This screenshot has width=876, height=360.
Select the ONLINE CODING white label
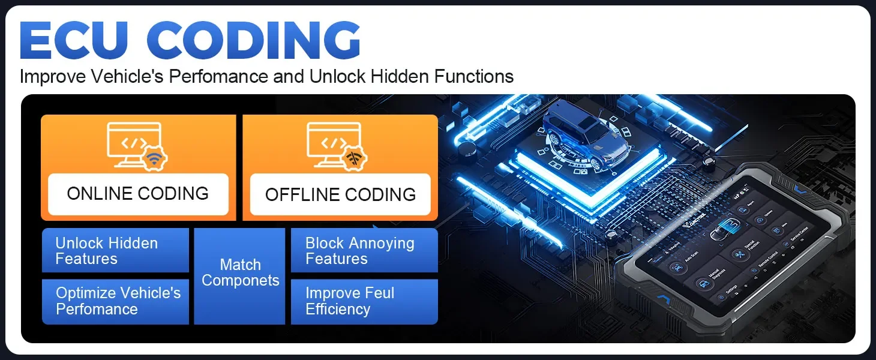(138, 194)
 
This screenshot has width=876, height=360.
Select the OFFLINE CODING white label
(340, 194)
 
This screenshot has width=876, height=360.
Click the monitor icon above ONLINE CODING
(134, 145)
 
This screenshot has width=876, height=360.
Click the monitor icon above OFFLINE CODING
(334, 145)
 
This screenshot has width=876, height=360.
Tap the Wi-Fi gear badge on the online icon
(155, 159)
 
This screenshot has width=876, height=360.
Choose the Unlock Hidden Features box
(115, 251)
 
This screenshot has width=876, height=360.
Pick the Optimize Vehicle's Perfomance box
(115, 301)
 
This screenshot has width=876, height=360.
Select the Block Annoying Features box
(364, 251)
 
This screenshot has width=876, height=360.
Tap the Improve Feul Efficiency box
(364, 301)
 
